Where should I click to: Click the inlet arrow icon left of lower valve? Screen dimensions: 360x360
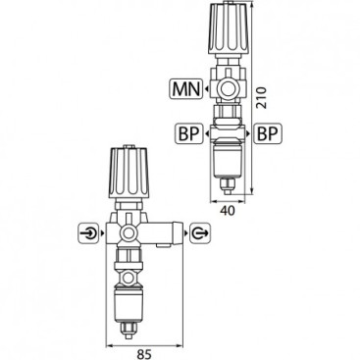pyautogui.click(x=88, y=233)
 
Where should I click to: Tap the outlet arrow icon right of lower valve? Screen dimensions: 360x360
pyautogui.click(x=200, y=233)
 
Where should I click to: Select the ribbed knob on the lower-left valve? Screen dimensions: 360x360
pyautogui.click(x=131, y=175)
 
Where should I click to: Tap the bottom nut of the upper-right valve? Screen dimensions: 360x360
pyautogui.click(x=231, y=180)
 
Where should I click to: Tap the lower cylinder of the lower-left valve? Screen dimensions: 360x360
pyautogui.click(x=130, y=298)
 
